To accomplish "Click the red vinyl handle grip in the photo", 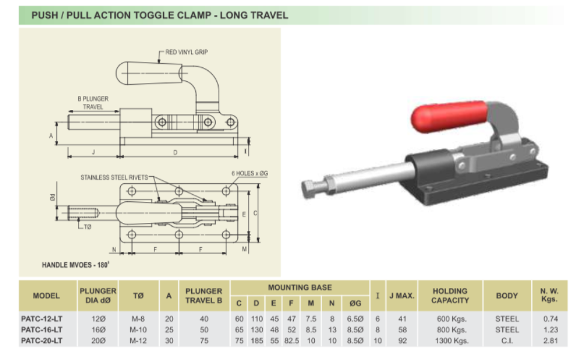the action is coord(449,116).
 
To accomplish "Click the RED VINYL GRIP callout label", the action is coord(187,52).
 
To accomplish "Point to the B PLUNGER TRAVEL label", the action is coord(93,103).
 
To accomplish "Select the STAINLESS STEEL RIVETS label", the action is coord(114,177).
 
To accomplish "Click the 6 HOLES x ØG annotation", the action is coord(249,173).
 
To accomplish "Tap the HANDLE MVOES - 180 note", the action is coord(76,265).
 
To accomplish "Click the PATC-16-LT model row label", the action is coord(41,330).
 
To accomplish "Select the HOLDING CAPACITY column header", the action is coord(450,296).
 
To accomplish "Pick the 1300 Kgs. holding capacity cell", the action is coord(452,341).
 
